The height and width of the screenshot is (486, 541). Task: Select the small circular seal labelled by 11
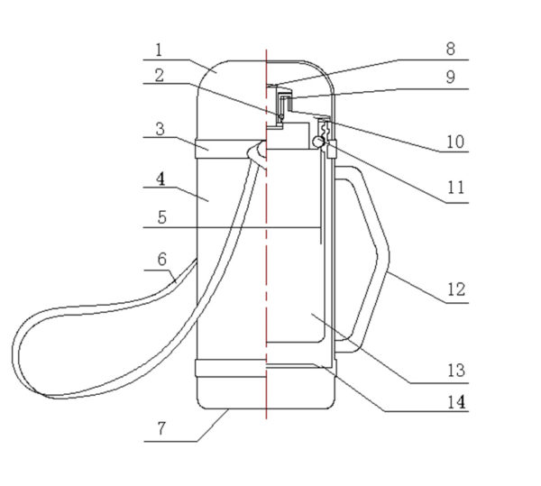pos(316,141)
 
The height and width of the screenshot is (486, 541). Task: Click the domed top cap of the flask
pos(234,90)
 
